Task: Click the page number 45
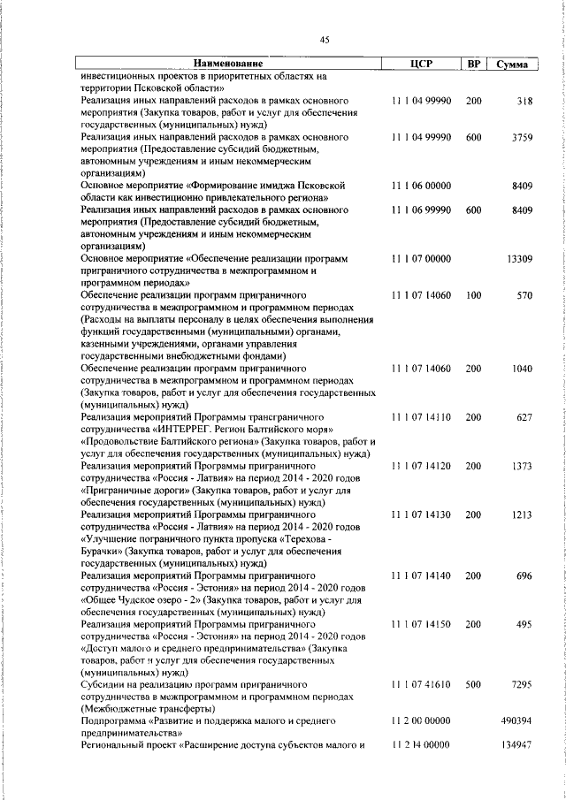[325, 38]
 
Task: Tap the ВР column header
[474, 64]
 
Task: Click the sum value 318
[524, 102]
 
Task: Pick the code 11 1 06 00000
[421, 186]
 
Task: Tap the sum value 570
[524, 294]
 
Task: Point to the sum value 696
[524, 576]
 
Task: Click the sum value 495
[524, 624]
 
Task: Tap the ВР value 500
[474, 685]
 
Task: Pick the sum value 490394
[516, 721]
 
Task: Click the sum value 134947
[516, 746]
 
